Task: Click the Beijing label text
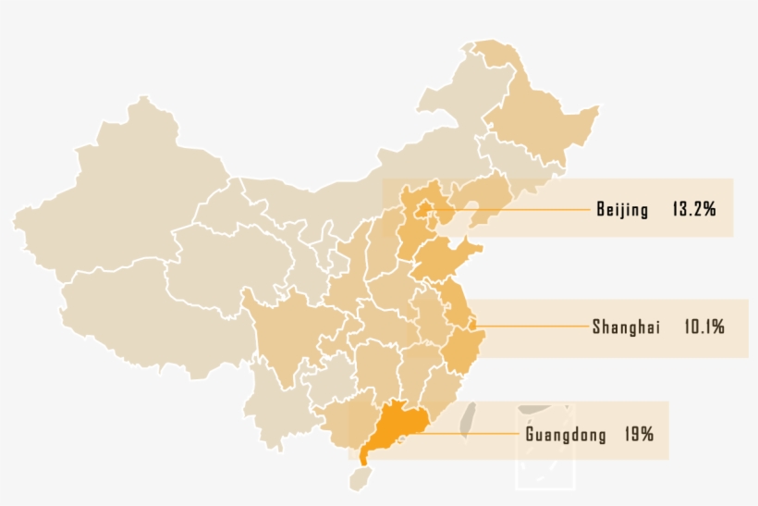click(622, 210)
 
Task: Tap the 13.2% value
click(694, 210)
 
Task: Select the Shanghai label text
click(626, 327)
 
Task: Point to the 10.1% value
click(704, 327)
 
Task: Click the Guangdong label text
click(566, 434)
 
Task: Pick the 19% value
click(639, 434)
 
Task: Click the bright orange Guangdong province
click(394, 427)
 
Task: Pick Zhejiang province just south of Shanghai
click(458, 352)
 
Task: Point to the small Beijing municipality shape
click(426, 209)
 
